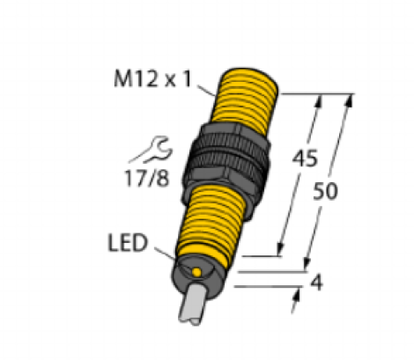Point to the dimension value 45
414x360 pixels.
click(305, 160)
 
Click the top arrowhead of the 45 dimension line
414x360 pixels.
click(320, 98)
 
